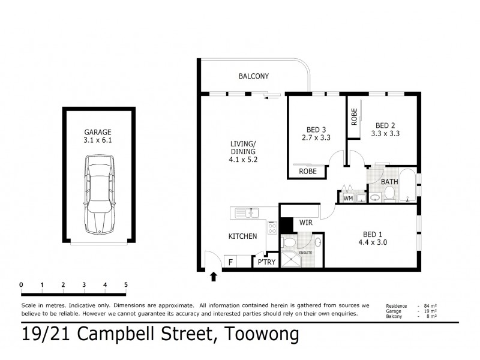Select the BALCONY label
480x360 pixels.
click(253, 76)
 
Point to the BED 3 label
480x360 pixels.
click(316, 128)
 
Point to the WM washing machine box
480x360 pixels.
click(347, 197)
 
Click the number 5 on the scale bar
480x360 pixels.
click(126, 284)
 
